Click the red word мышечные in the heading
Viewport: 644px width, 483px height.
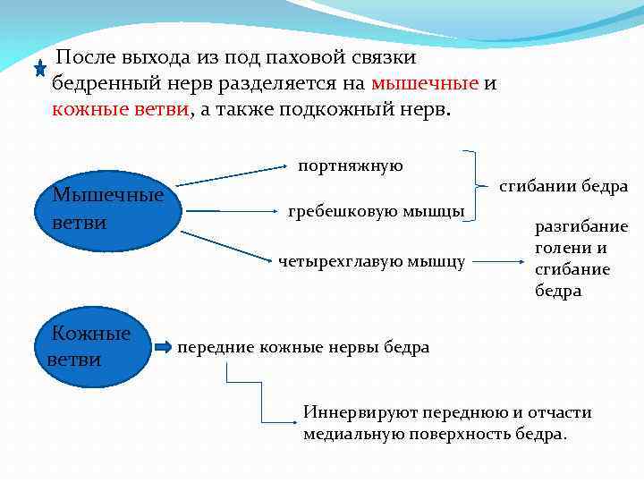coord(425,84)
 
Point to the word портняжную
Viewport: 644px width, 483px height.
coord(351,165)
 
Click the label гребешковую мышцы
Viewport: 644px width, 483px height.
coord(376,212)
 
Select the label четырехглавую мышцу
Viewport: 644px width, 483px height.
coord(371,261)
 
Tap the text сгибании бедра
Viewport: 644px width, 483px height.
coord(563,187)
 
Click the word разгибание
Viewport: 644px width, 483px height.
coord(581,226)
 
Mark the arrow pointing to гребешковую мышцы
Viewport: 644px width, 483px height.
coord(232,212)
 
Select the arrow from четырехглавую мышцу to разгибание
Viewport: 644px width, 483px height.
coord(504,261)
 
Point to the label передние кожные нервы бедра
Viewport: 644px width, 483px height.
coord(303,347)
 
